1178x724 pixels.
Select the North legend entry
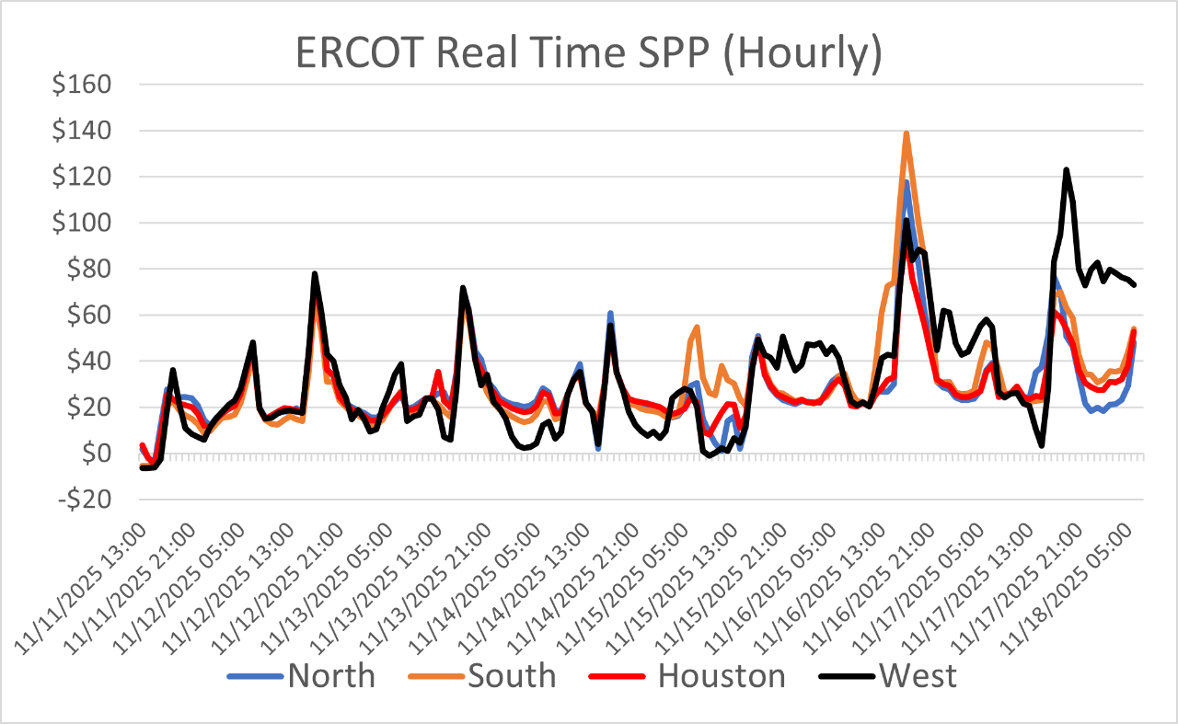tap(330, 676)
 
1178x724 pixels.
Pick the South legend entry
tap(512, 676)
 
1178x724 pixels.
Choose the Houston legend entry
tap(722, 676)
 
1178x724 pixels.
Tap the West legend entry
tap(918, 676)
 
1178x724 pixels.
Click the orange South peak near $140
tap(907, 133)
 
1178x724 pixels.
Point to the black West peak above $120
tap(1066, 170)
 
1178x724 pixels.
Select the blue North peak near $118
tap(907, 183)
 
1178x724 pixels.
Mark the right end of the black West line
tap(1135, 285)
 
